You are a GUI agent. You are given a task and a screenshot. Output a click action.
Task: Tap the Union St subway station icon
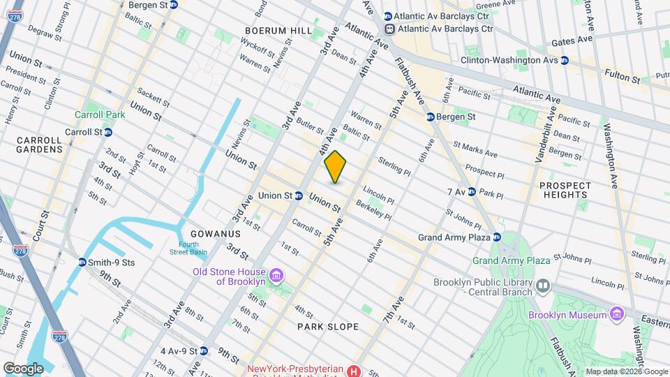tap(298, 195)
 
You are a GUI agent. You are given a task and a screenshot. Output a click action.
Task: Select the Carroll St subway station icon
tap(108, 131)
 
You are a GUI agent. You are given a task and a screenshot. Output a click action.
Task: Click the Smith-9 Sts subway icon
tap(82, 263)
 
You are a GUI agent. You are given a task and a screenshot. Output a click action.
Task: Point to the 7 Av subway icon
tap(471, 191)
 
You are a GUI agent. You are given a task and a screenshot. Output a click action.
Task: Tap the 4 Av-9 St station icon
tap(203, 350)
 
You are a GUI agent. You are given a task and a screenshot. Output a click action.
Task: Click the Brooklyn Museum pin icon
tap(616, 315)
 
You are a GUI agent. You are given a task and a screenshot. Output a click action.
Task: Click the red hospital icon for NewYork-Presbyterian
tap(355, 371)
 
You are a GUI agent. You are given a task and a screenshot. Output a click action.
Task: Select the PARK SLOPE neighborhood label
tap(328, 327)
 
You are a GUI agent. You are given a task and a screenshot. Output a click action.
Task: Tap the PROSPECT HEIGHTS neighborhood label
tap(565, 191)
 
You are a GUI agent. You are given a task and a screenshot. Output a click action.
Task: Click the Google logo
tap(24, 368)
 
